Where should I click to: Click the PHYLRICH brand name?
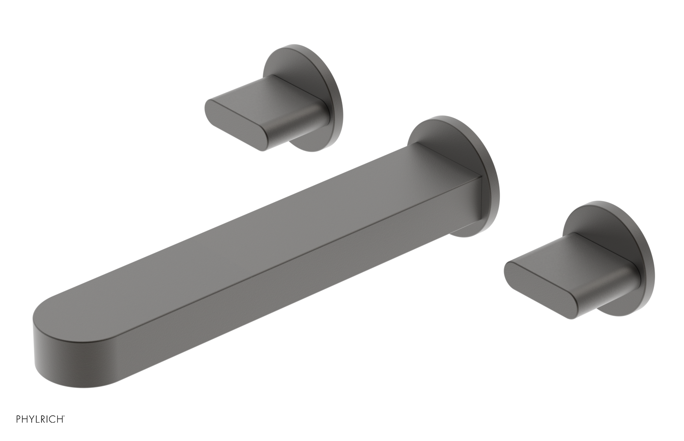click(39, 419)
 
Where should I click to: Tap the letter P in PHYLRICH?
click(18, 419)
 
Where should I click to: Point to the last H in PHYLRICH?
click(60, 419)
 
